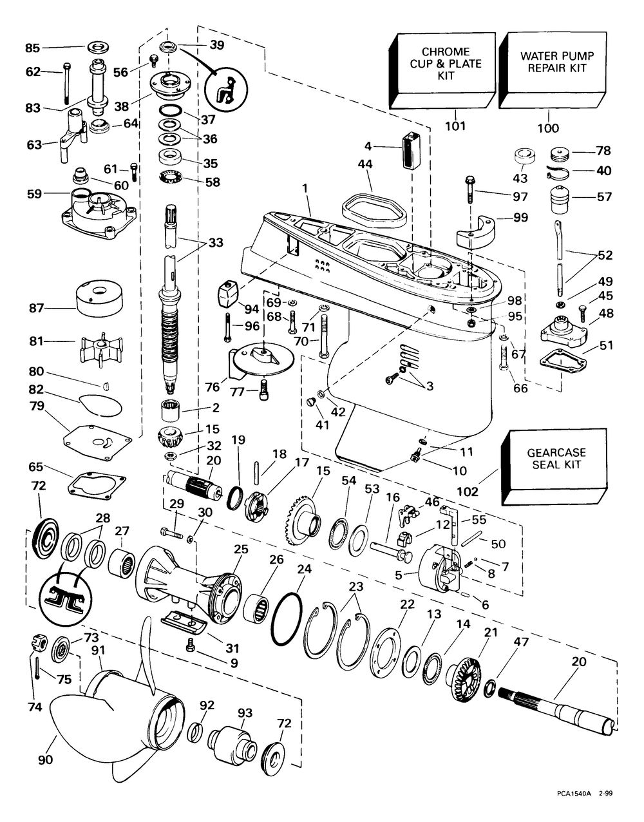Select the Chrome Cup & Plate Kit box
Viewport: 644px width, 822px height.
coord(445,68)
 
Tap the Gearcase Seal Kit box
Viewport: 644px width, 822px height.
coord(555,462)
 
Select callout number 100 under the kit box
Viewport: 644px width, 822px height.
coord(548,128)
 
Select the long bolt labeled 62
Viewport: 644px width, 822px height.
coord(66,84)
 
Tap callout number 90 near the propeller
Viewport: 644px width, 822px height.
coord(45,760)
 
